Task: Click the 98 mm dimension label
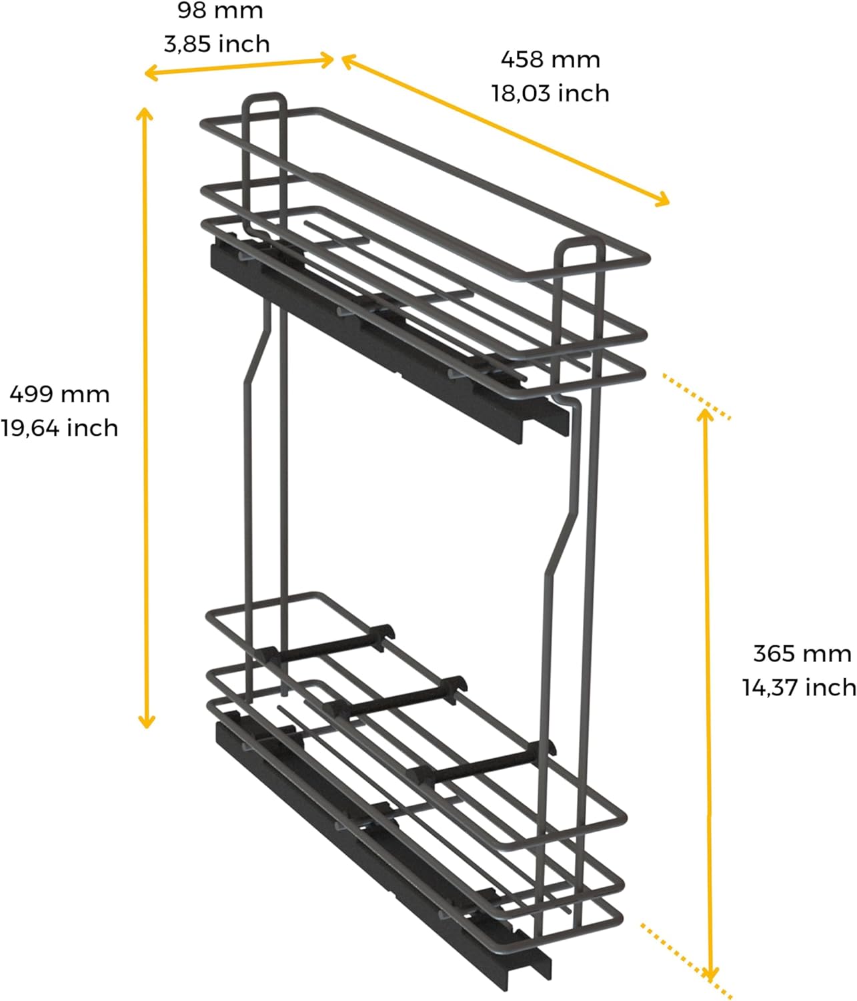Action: [220, 11]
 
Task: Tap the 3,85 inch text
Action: [217, 44]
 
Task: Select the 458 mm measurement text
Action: [550, 59]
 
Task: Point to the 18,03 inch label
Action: [550, 93]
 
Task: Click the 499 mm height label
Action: [59, 394]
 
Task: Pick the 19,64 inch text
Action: [59, 428]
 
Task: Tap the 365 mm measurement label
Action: [802, 653]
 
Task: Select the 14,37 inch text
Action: [800, 687]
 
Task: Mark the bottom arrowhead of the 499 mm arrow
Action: [146, 721]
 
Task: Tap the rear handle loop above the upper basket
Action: [265, 100]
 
